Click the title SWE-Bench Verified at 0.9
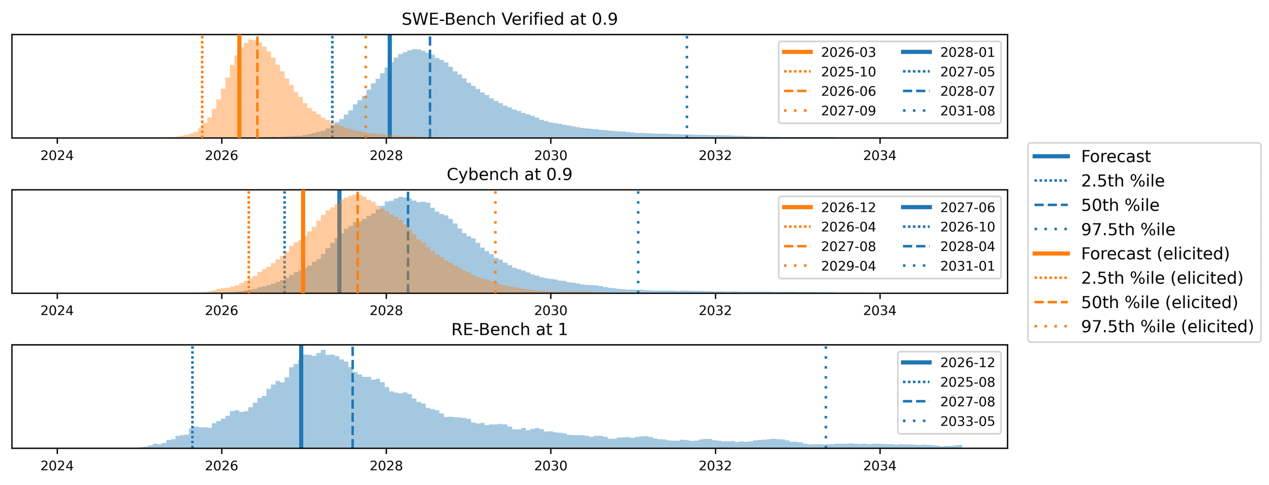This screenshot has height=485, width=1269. coord(509,19)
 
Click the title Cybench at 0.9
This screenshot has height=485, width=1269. coord(509,174)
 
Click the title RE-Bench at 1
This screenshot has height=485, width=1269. coord(509,330)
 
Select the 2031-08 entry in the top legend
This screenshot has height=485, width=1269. coord(967,111)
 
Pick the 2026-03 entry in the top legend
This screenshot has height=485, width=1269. coord(848,52)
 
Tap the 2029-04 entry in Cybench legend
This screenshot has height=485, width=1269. coord(848,266)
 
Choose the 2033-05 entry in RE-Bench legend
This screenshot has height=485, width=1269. coord(967,422)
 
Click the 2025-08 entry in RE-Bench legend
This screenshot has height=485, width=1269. coord(967,382)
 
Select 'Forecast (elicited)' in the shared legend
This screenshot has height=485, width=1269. coord(1155,253)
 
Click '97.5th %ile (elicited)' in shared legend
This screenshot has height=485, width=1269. coord(1167,327)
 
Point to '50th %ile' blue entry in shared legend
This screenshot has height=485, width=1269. coord(1120,205)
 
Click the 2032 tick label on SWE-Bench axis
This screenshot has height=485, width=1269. coord(715,156)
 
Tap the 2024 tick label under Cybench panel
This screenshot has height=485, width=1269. coord(57,311)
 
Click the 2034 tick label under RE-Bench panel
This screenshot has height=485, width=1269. coord(880,466)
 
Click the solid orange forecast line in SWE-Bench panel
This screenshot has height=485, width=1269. coord(239,86)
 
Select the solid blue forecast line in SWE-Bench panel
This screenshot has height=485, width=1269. coord(389,86)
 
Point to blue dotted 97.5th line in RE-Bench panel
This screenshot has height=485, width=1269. coord(825,396)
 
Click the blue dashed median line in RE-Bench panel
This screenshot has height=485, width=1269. coord(352,396)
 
